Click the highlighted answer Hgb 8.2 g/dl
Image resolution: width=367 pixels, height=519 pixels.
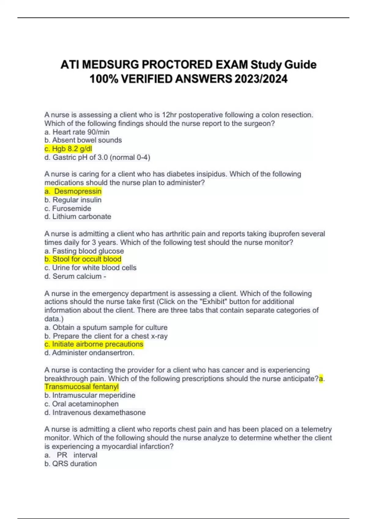tap(68, 149)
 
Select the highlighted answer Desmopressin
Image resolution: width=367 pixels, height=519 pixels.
tap(73, 191)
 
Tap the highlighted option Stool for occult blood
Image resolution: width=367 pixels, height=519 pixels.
tap(83, 259)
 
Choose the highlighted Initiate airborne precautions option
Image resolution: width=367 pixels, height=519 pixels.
tap(94, 344)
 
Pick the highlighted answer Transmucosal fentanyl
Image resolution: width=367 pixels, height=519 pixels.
tap(82, 387)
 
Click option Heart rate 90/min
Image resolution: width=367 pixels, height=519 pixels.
tap(77, 132)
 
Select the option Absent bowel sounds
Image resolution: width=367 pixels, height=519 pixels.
tap(83, 140)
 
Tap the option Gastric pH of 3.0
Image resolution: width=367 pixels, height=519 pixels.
tap(97, 158)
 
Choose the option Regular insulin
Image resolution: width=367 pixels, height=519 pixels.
tap(73, 200)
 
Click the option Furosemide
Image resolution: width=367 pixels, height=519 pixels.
tap(68, 209)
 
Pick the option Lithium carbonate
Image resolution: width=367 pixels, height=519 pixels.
tap(78, 217)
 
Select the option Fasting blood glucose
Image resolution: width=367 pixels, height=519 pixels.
tap(84, 251)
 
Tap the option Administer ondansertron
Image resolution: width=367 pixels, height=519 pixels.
tap(90, 353)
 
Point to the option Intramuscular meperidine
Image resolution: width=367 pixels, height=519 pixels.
tap(90, 395)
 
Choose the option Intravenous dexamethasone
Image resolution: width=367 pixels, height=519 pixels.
tap(95, 413)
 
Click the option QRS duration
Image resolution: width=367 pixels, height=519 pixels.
tap(71, 464)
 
